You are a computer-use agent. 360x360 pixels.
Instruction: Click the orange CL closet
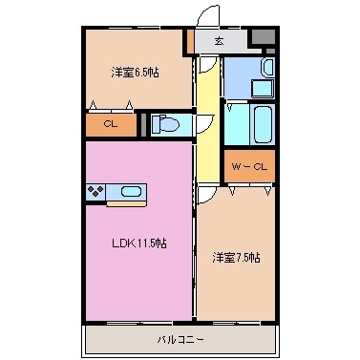tap(111, 124)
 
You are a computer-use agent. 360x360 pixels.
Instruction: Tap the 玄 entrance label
tap(219, 41)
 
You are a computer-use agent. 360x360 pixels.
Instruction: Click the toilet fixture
tap(168, 125)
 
